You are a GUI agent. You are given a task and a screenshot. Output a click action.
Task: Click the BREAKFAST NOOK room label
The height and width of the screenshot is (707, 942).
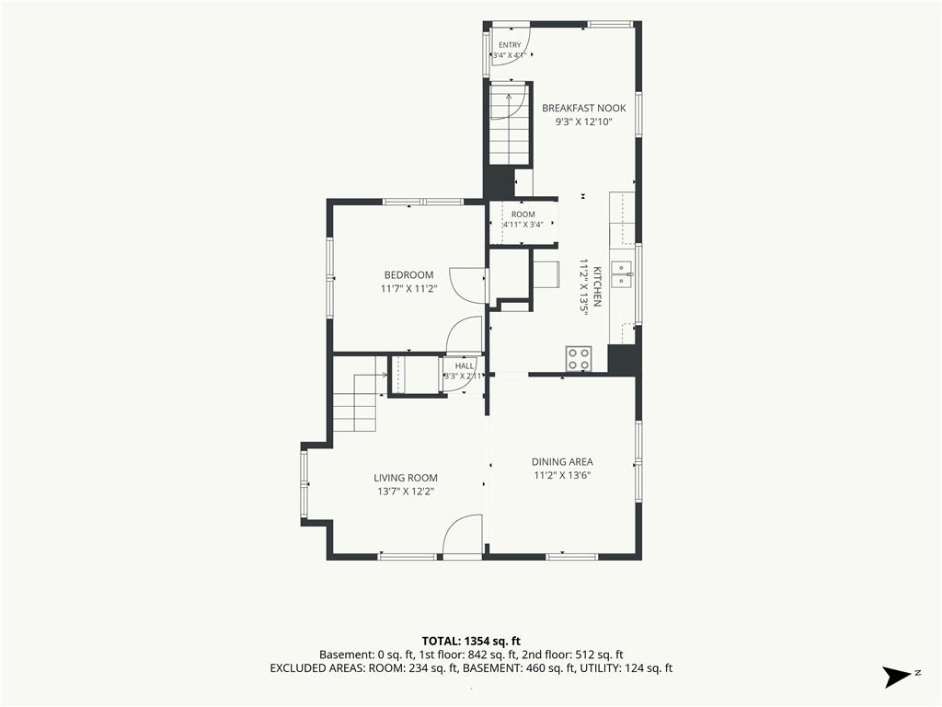(x=583, y=109)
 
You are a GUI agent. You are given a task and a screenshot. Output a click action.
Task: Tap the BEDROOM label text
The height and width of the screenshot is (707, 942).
(x=408, y=275)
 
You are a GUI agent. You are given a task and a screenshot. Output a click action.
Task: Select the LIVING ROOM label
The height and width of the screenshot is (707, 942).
(x=406, y=478)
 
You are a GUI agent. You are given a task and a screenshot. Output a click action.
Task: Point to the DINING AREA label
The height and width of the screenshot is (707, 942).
(x=562, y=462)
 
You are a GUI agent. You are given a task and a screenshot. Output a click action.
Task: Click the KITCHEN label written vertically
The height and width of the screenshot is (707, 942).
(x=597, y=286)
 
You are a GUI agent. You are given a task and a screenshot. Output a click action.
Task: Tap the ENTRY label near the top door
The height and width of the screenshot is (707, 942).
(x=510, y=45)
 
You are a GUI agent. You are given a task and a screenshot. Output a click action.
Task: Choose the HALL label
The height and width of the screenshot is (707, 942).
(x=465, y=365)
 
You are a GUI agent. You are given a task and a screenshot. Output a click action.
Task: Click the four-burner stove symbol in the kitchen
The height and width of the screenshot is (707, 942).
(x=579, y=359)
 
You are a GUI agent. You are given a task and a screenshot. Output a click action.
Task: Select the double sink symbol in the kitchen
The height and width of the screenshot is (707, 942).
(x=622, y=274)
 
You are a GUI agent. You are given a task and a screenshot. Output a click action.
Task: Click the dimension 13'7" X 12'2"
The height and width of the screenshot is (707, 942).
(x=406, y=492)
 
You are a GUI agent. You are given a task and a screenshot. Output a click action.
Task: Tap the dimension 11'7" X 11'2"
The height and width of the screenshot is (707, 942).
(x=408, y=288)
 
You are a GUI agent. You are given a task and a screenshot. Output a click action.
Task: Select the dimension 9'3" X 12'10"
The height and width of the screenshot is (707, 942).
(x=583, y=122)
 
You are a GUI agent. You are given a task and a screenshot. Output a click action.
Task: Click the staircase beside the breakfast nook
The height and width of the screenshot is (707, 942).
(x=509, y=124)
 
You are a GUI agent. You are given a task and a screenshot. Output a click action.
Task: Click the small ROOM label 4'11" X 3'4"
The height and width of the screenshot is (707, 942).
(x=523, y=219)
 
